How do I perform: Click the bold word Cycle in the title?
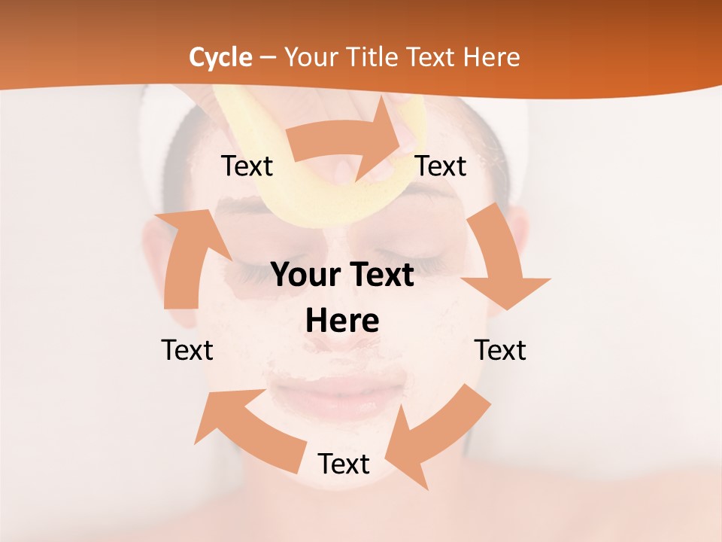(220, 57)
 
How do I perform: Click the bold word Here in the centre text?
(342, 321)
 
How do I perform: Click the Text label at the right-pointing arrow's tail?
(247, 166)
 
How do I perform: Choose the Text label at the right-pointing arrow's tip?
(441, 166)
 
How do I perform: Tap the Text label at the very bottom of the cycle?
(344, 464)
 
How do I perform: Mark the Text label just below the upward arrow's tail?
(187, 350)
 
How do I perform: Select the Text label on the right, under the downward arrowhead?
(500, 350)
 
